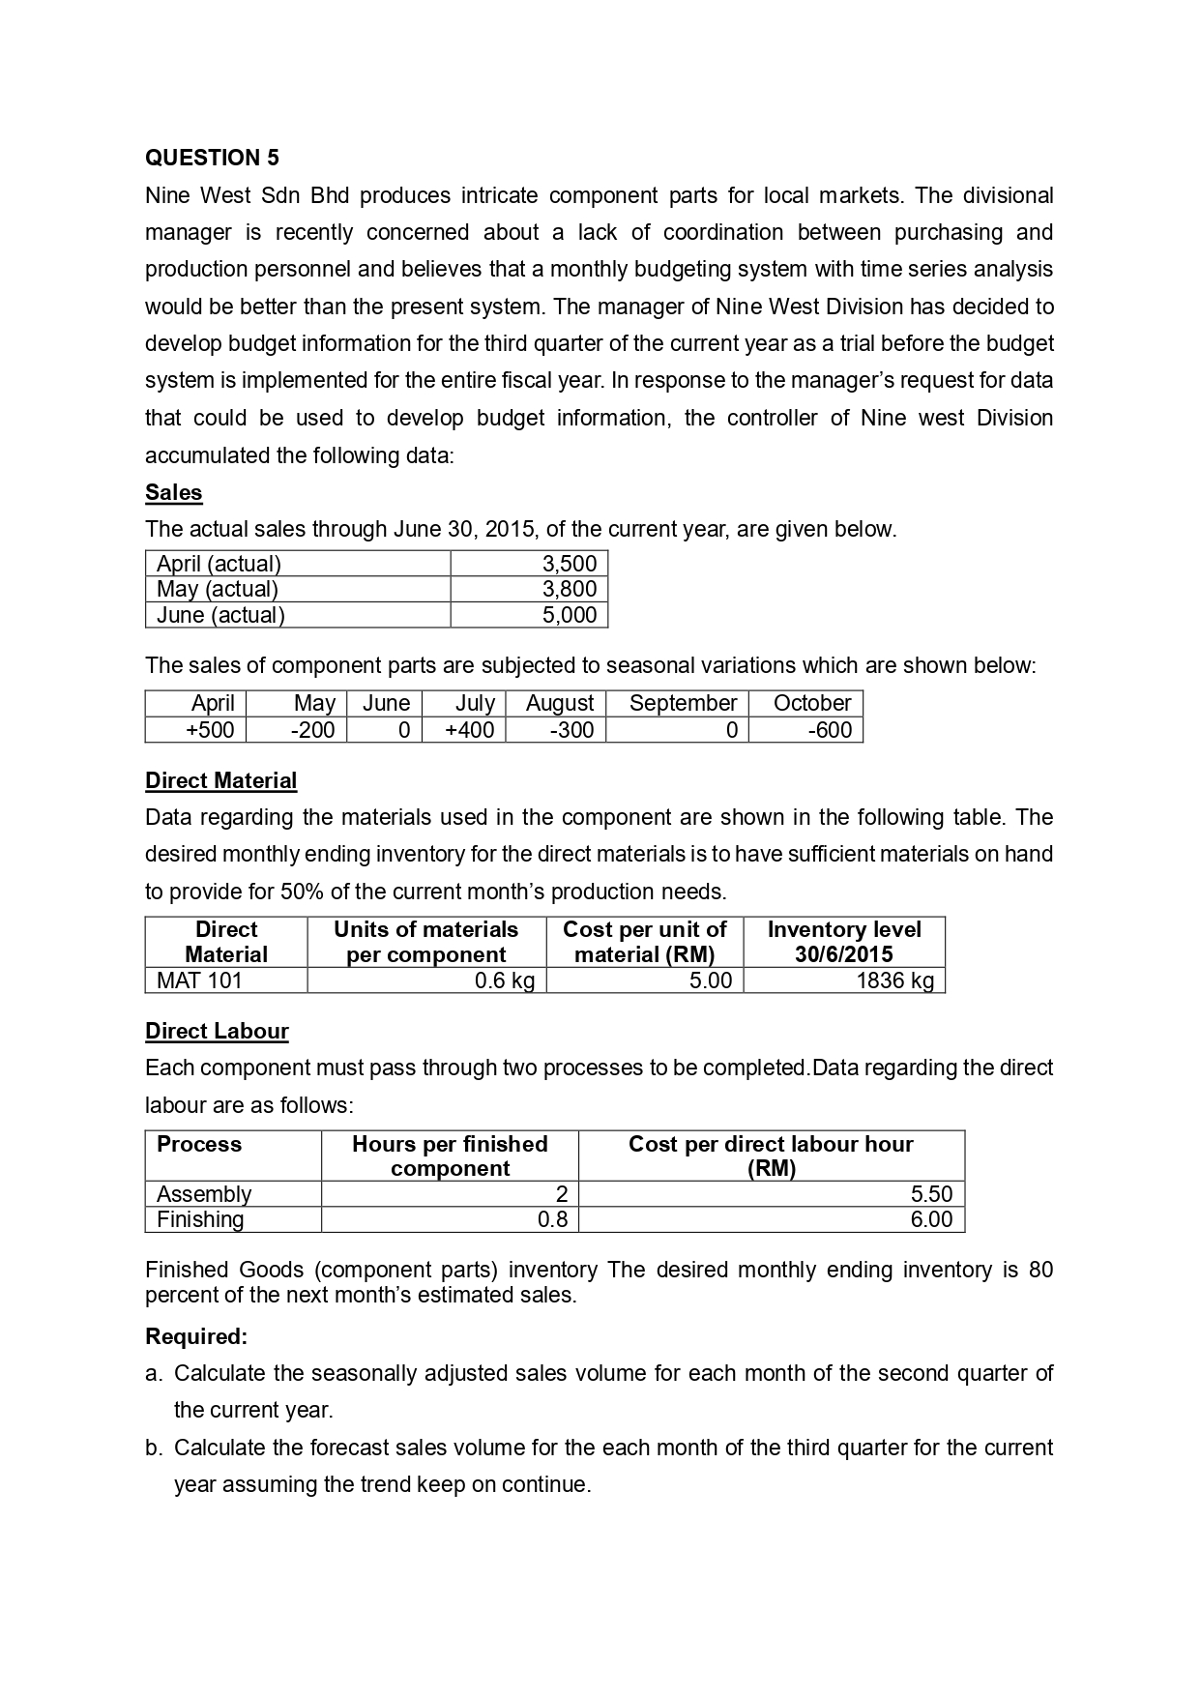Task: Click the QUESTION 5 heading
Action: coord(212,158)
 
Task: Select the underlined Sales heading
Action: coord(173,492)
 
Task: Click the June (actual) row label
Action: coord(220,615)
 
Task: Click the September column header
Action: coord(683,703)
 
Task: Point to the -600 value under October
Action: coord(830,730)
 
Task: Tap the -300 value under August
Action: coord(571,730)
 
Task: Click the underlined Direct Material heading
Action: coord(220,780)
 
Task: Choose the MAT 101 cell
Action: coord(199,980)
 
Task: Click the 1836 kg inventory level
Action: coord(894,980)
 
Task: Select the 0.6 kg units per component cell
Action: coord(505,980)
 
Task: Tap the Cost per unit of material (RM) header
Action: coord(644,942)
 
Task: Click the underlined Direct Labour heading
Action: coord(217,1031)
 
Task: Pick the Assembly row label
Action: coord(204,1194)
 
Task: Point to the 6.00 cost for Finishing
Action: coord(930,1219)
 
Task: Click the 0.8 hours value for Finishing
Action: coord(552,1219)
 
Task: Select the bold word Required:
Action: coord(196,1336)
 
